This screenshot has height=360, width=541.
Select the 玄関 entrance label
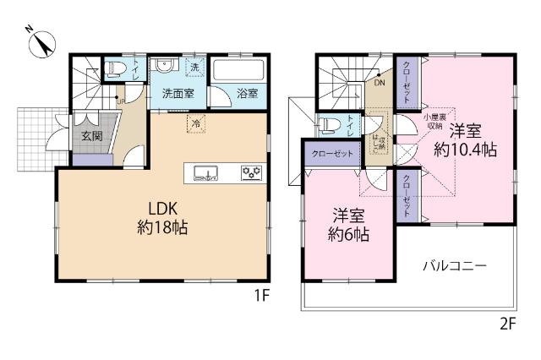coord(90,135)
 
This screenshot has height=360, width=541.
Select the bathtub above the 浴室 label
coord(240,69)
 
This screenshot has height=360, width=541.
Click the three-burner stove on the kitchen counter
coord(252,173)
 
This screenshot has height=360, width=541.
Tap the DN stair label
coord(380,83)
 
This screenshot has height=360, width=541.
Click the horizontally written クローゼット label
coord(331,155)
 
